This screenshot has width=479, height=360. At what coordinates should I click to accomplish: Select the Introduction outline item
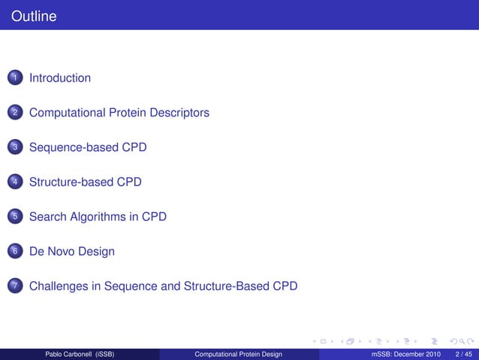(x=60, y=78)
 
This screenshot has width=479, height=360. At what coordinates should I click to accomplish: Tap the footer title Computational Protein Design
(x=238, y=354)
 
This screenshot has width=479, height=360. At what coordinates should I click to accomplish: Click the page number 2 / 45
(x=462, y=354)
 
